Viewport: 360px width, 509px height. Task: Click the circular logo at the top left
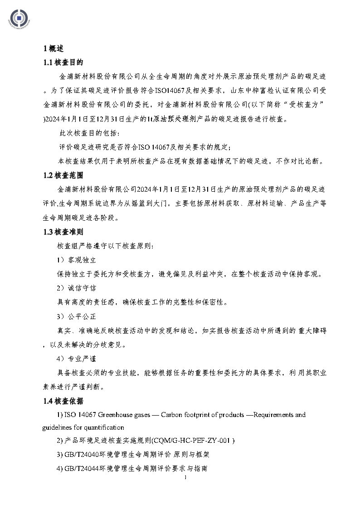coord(19,18)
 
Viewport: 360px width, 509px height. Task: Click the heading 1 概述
coord(53,48)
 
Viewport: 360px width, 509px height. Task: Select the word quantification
coord(106,427)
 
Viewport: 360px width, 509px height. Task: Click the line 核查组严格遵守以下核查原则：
coord(105,246)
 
